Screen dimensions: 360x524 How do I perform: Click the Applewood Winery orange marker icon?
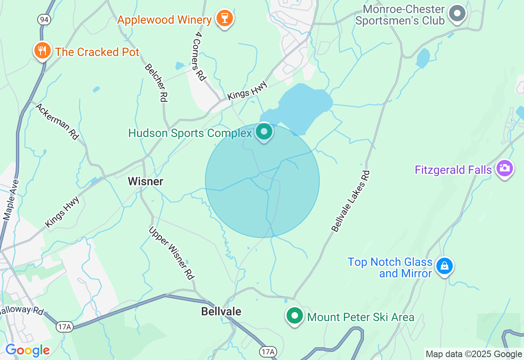pyautogui.click(x=224, y=18)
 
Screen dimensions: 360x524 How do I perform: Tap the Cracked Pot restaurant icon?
pyautogui.click(x=42, y=51)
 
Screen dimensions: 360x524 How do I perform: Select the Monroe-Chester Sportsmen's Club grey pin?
pyautogui.click(x=457, y=14)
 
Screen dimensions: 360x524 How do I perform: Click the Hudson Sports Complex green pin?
pyautogui.click(x=264, y=132)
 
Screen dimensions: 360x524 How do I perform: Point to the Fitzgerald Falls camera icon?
pyautogui.click(x=504, y=168)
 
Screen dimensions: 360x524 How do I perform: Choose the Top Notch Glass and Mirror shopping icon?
pyautogui.click(x=444, y=266)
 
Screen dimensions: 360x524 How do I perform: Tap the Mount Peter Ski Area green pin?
pyautogui.click(x=294, y=316)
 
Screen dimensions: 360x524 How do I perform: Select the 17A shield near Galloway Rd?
pyautogui.click(x=64, y=326)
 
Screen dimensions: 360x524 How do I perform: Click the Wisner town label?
pyautogui.click(x=145, y=181)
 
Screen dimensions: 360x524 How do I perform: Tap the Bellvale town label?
pyautogui.click(x=221, y=311)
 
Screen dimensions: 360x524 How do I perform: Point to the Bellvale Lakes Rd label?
pyautogui.click(x=350, y=201)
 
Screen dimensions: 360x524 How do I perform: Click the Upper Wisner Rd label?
pyautogui.click(x=171, y=253)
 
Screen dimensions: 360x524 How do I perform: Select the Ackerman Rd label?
pyautogui.click(x=57, y=122)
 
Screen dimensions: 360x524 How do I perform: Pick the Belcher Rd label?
pyautogui.click(x=156, y=83)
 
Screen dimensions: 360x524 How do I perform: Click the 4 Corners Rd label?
pyautogui.click(x=199, y=56)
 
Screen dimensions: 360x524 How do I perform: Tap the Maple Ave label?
pyautogui.click(x=11, y=200)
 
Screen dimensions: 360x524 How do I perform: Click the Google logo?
pyautogui.click(x=27, y=351)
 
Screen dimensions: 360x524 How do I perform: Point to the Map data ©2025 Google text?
pyautogui.click(x=474, y=354)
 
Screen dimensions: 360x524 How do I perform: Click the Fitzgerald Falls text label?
pyautogui.click(x=453, y=170)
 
